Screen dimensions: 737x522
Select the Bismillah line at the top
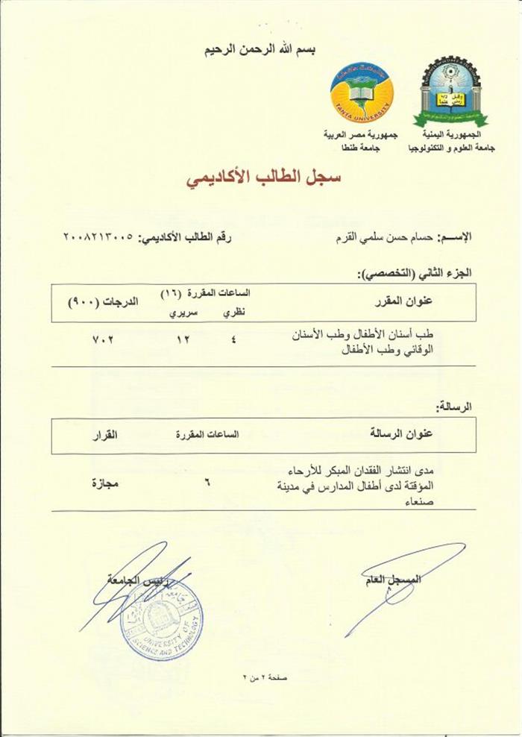click(260, 50)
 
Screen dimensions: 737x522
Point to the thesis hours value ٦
click(207, 484)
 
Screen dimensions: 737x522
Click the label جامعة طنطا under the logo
click(362, 149)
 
